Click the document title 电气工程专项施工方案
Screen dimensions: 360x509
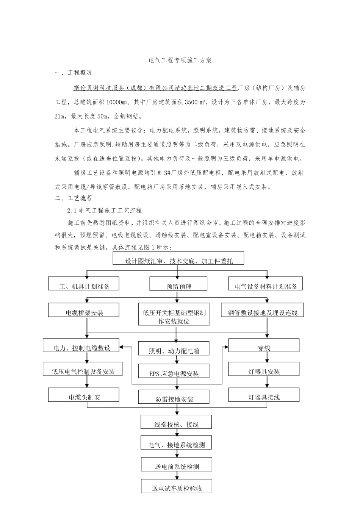coord(180,60)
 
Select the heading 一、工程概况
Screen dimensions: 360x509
coord(74,73)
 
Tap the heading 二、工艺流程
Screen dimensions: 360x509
coord(74,198)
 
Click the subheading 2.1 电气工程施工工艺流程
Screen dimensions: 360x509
coord(104,210)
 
